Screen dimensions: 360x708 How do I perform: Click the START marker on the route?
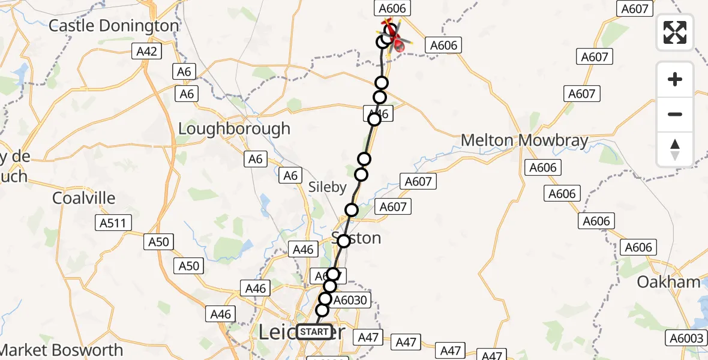click(x=314, y=331)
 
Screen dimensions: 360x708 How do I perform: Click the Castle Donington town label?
click(x=114, y=26)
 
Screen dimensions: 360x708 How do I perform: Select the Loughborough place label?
click(x=235, y=129)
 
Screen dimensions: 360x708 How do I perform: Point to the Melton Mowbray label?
click(x=524, y=141)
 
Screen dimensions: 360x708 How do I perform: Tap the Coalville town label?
click(x=83, y=198)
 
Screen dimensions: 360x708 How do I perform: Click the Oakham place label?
click(x=669, y=282)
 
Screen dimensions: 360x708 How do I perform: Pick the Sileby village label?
click(x=328, y=187)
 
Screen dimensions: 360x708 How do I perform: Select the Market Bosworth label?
click(x=61, y=350)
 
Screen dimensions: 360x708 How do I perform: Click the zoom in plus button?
click(x=675, y=79)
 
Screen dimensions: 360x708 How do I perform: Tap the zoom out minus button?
click(x=675, y=114)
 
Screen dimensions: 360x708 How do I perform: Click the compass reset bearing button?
click(x=675, y=149)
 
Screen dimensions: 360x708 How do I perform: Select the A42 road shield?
click(x=146, y=52)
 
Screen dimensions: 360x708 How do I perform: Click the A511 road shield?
click(x=113, y=223)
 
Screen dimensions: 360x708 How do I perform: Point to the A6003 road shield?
click(x=685, y=338)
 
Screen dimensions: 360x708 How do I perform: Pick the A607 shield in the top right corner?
click(x=635, y=9)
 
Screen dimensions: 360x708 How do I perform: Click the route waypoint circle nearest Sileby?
click(x=361, y=175)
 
